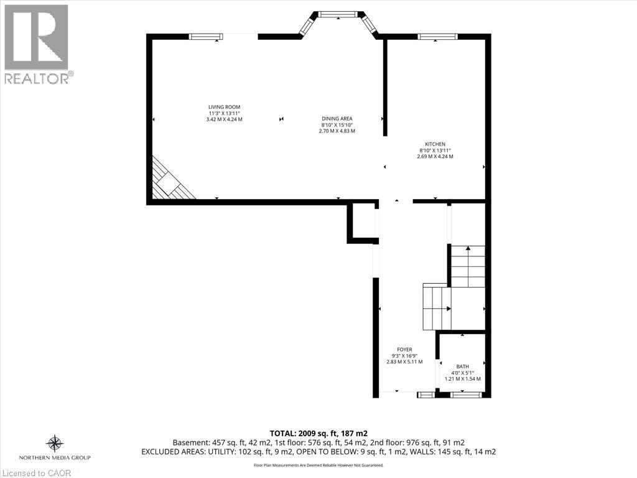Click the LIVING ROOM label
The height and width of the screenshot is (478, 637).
tap(224, 107)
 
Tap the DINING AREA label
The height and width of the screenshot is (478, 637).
tap(337, 118)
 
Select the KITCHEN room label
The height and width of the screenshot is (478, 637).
tap(435, 144)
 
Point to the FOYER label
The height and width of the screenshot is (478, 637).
tap(404, 350)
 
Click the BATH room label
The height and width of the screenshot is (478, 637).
tap(462, 367)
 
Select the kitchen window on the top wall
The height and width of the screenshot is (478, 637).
tap(437, 37)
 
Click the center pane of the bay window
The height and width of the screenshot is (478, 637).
tap(338, 14)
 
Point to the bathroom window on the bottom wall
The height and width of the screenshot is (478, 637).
tap(465, 395)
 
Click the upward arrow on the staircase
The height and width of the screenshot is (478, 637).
tap(468, 249)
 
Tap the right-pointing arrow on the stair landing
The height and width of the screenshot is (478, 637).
tap(447, 308)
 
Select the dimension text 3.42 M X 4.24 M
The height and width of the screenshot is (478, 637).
tap(224, 119)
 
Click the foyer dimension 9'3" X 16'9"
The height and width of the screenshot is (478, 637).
tap(404, 355)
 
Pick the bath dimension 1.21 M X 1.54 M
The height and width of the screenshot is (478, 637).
tap(462, 378)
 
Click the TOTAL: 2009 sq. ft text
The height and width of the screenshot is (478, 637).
tap(318, 433)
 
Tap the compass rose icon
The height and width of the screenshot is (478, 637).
tap(55, 443)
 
